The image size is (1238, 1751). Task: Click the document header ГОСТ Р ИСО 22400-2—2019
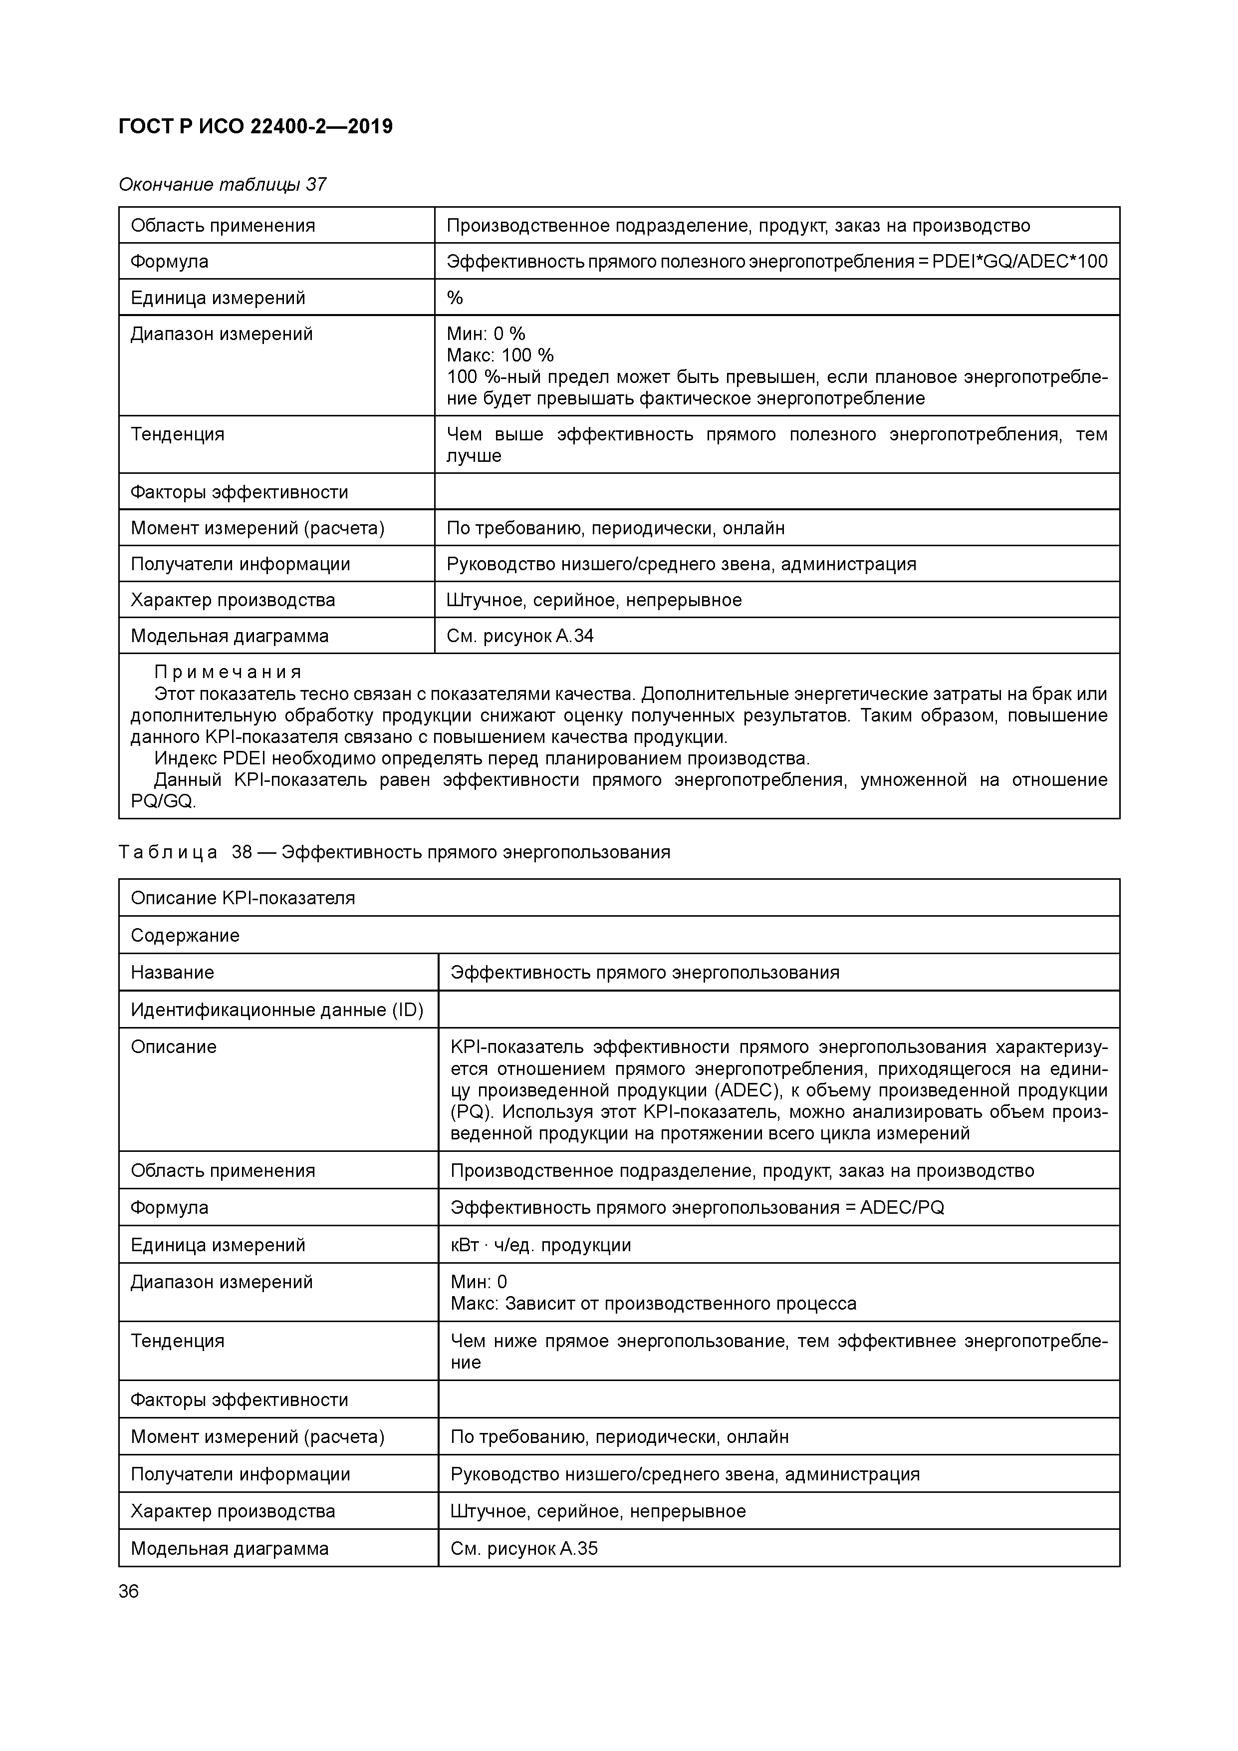(x=255, y=127)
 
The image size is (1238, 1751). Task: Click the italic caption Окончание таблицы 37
(x=223, y=185)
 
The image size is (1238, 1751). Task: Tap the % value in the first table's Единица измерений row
(x=455, y=298)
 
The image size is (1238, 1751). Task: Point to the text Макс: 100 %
(x=500, y=355)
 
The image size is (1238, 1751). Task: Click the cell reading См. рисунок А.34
(x=520, y=636)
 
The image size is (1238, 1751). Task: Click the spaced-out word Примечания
(x=228, y=672)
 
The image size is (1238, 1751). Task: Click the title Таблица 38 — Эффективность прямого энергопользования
(x=394, y=852)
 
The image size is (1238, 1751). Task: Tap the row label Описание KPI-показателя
(x=243, y=898)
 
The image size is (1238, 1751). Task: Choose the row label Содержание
(x=185, y=935)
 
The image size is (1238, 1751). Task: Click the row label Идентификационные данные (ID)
(x=277, y=1010)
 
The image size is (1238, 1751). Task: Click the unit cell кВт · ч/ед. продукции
(x=540, y=1245)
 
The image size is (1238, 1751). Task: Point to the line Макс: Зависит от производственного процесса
(x=653, y=1303)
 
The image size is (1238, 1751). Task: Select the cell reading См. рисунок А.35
(x=524, y=1548)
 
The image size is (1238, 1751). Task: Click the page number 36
(x=129, y=1591)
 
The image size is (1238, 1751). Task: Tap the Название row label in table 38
(x=172, y=972)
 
